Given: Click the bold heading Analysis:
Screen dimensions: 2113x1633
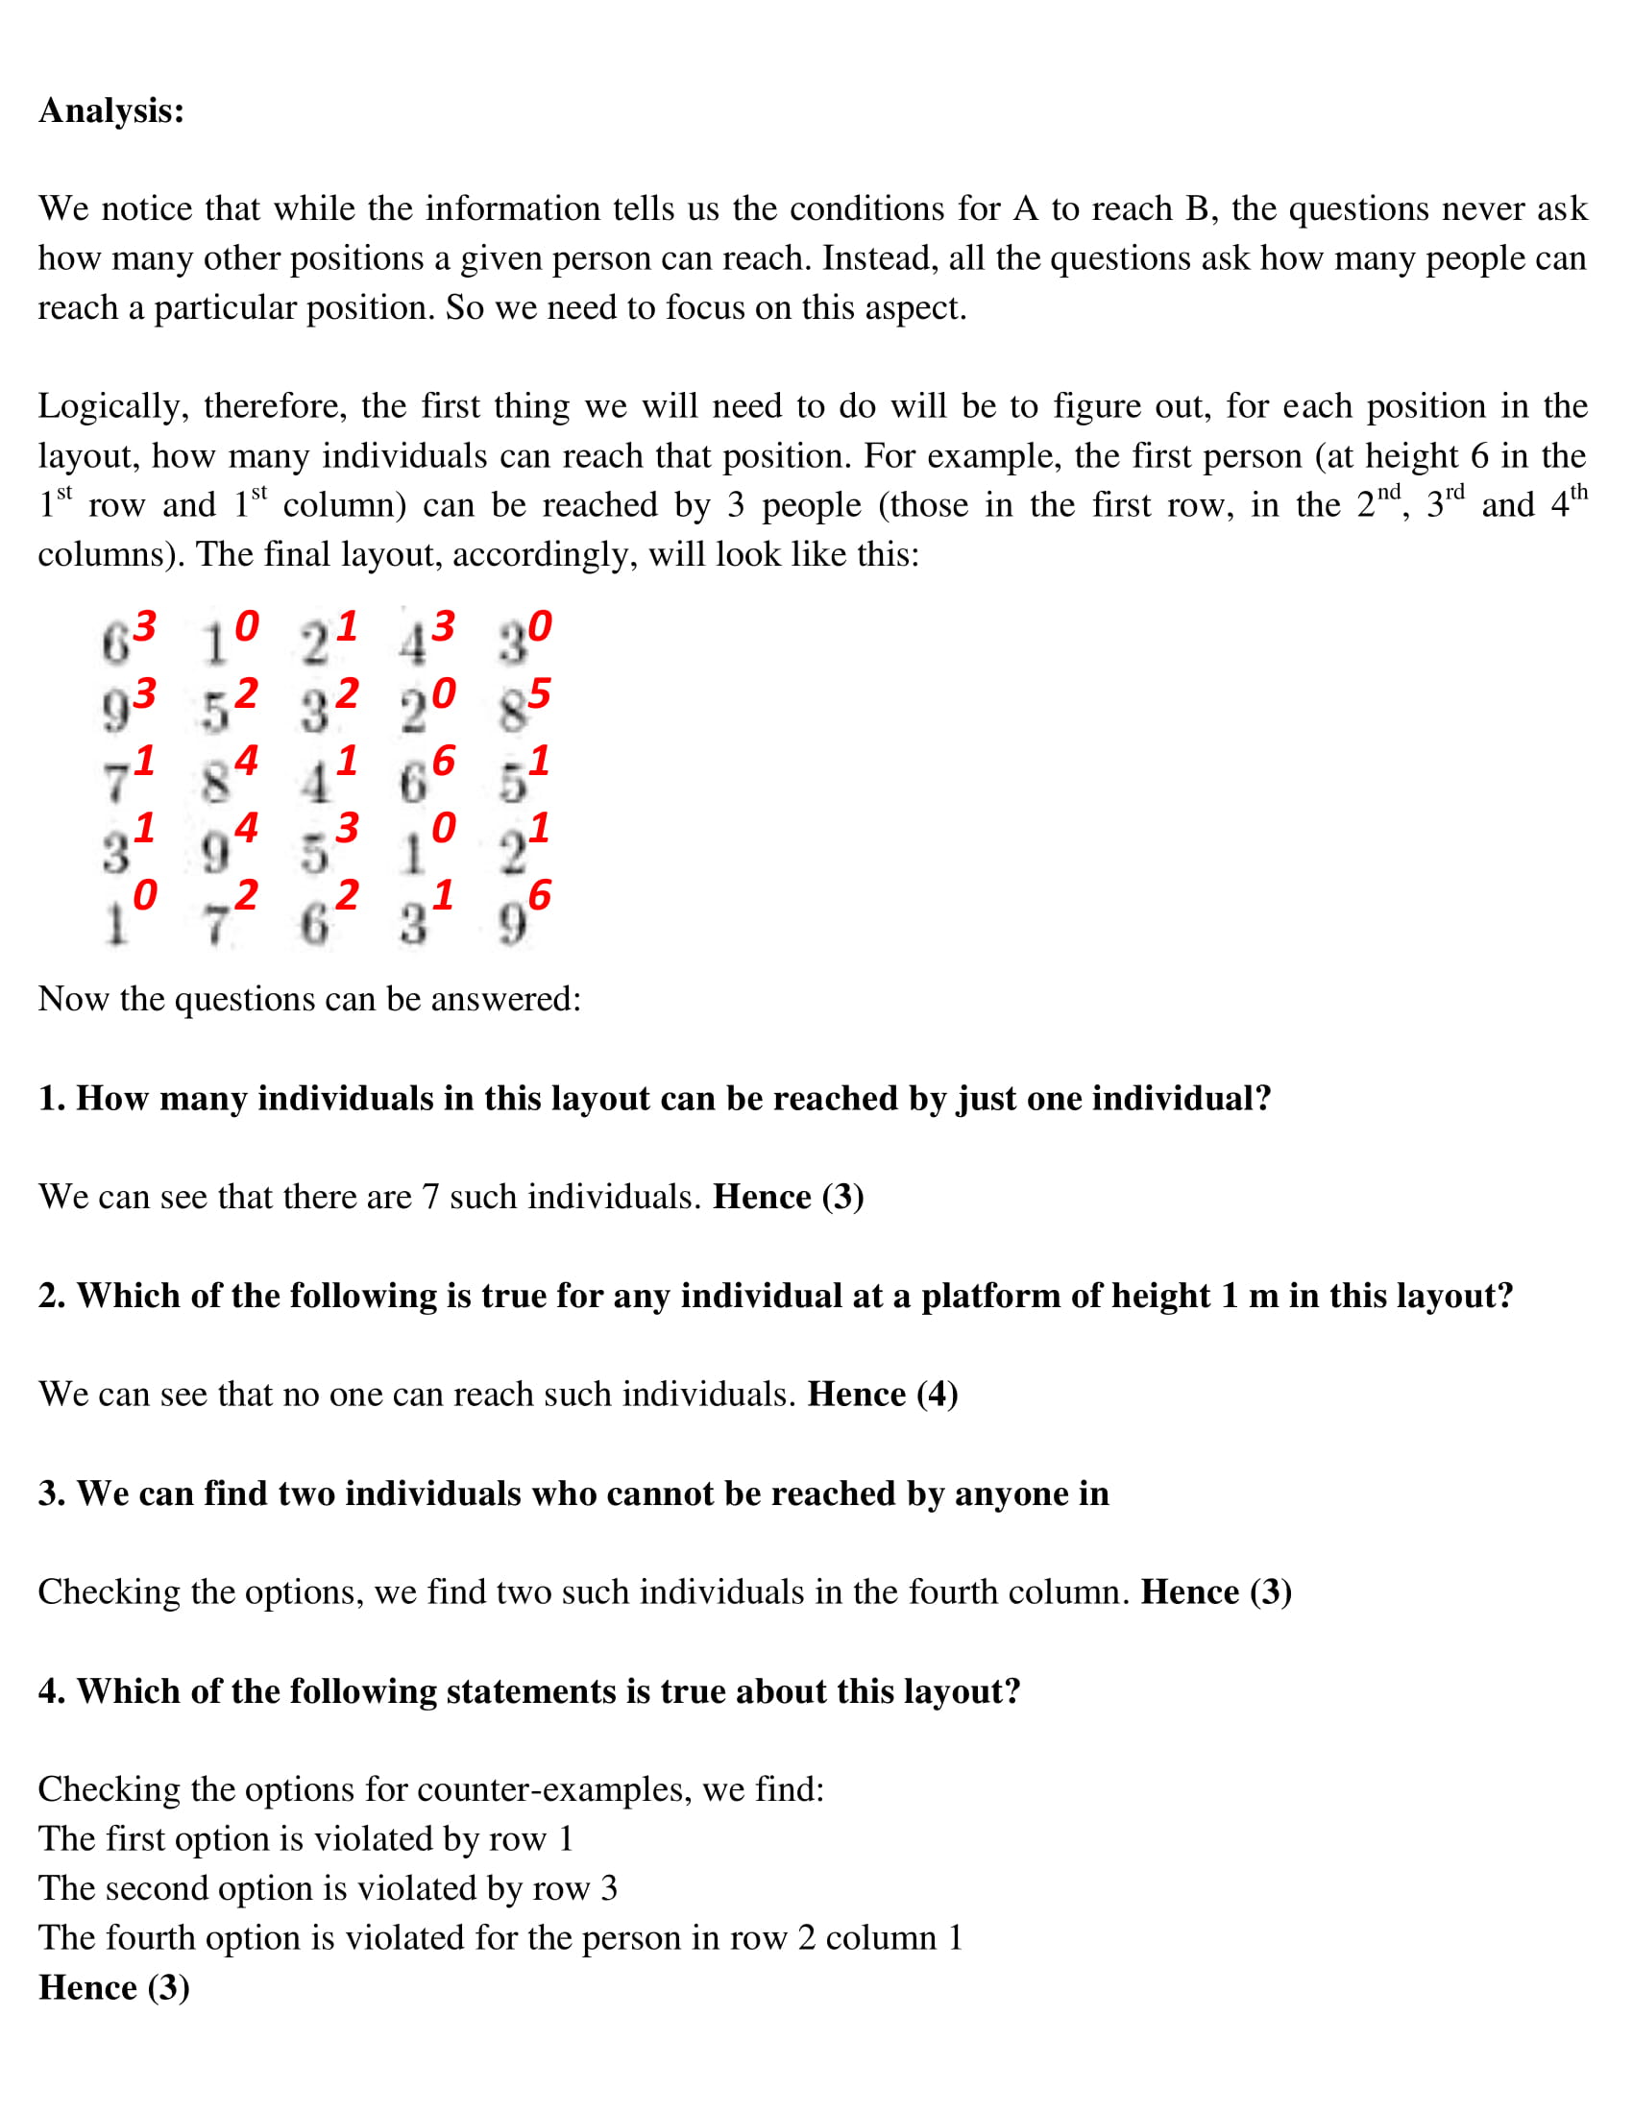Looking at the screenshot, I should [x=111, y=110].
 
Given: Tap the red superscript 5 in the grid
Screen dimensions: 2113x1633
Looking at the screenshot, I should [x=539, y=692].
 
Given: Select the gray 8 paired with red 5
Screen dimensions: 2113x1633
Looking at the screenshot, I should [x=512, y=713].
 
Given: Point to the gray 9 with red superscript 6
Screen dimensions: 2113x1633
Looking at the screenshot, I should [x=512, y=925].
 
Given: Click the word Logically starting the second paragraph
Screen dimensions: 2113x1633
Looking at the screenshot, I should [x=112, y=406].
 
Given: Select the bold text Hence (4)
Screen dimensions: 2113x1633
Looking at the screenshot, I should [x=882, y=1395].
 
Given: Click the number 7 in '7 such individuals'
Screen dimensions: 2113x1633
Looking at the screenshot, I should [x=430, y=1197].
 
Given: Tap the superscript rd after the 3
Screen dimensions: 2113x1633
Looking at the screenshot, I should [x=1454, y=494].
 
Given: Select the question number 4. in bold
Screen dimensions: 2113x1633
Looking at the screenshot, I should [x=52, y=1690].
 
